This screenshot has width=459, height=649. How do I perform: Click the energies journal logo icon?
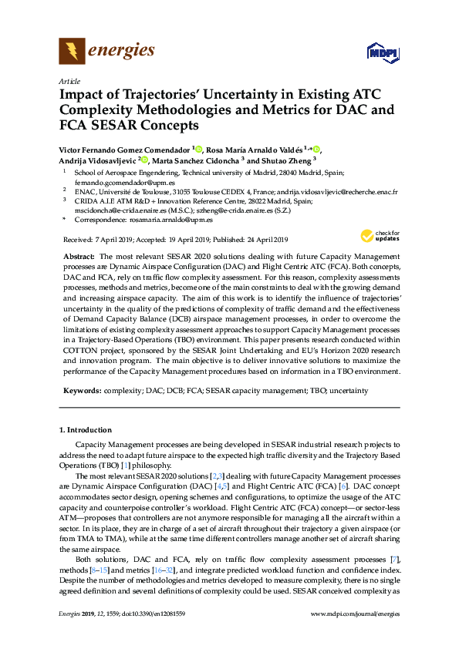[73, 52]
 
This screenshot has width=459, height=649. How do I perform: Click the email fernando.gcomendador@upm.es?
[113, 183]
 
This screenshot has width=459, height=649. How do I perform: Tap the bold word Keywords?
[80, 391]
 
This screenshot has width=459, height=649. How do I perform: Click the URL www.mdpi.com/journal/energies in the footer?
[354, 636]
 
